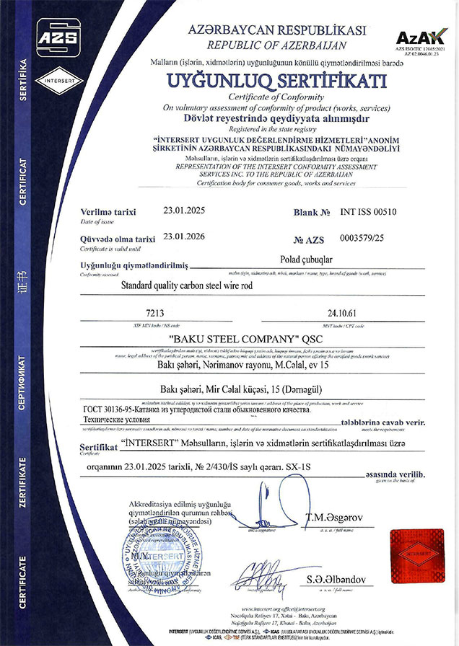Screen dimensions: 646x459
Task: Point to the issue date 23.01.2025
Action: [184, 212]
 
